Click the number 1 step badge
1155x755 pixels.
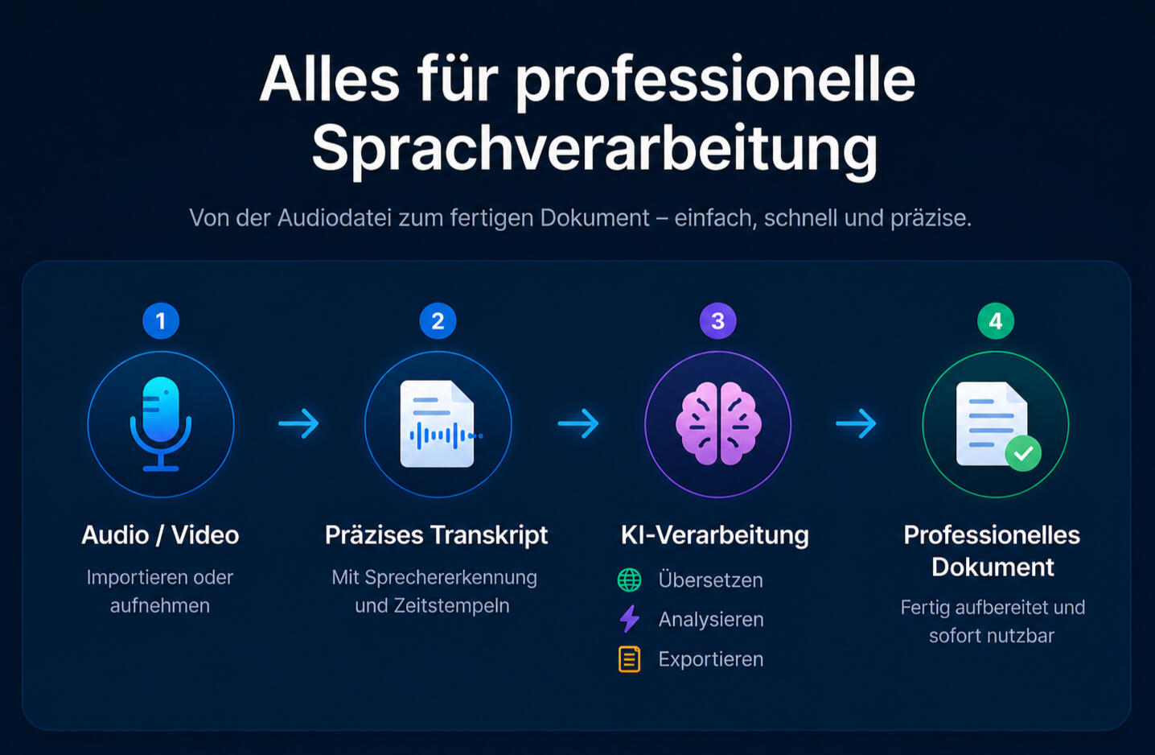click(161, 321)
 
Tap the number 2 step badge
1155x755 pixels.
click(438, 321)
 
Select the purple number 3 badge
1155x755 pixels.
click(717, 321)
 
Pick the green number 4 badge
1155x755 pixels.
click(996, 321)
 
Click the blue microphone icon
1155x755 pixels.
click(161, 423)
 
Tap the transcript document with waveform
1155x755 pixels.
click(438, 423)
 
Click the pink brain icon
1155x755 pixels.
click(718, 423)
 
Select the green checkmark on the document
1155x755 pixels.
click(1023, 453)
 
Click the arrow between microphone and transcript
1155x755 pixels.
click(298, 423)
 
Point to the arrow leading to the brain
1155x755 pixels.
click(578, 423)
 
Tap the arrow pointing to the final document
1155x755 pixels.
click(856, 423)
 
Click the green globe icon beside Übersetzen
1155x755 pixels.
click(629, 580)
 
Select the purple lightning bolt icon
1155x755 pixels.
click(630, 619)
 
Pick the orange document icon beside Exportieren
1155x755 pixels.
click(629, 659)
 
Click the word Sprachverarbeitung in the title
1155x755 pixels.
click(594, 150)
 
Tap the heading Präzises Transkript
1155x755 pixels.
click(436, 535)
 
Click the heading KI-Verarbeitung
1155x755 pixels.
click(715, 535)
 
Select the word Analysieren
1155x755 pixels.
click(711, 619)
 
